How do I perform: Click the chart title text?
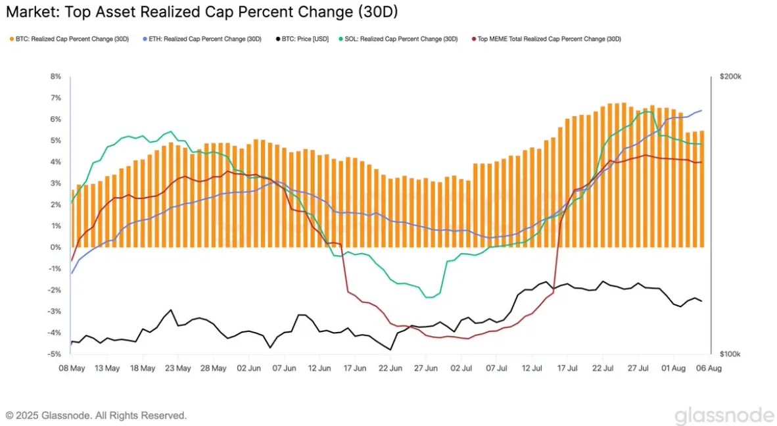point(201,12)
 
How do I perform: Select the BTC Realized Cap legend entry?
point(70,39)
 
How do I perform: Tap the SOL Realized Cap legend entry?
point(401,39)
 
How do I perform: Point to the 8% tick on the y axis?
point(56,77)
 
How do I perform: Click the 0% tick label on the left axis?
point(56,247)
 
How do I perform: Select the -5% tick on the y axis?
point(55,354)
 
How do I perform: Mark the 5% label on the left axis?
point(56,141)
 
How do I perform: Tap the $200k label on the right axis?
point(731,77)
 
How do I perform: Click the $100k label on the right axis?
point(731,354)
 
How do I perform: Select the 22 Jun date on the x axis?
point(390,368)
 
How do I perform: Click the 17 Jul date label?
point(567,368)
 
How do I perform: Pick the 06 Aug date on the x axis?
point(709,368)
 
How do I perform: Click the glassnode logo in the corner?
point(724,415)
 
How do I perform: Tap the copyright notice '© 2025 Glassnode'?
point(96,415)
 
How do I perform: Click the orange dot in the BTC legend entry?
point(12,39)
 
